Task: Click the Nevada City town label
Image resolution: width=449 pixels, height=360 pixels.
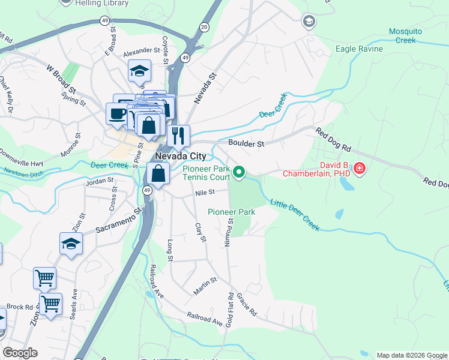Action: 180,156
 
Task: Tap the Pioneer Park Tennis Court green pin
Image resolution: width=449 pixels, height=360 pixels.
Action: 239,173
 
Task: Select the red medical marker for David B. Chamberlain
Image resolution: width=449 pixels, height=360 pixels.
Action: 360,169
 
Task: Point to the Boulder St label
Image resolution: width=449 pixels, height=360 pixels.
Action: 246,144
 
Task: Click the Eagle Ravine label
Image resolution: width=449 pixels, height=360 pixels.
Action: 358,49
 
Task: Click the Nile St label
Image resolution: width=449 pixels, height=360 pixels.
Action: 205,193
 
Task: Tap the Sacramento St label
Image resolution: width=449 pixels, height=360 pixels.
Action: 118,222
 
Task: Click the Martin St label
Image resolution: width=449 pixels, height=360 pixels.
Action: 205,286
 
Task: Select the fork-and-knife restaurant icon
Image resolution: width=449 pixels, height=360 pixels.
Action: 178,136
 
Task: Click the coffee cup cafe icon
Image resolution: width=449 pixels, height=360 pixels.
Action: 117,112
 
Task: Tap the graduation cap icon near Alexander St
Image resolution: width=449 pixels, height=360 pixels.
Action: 139,71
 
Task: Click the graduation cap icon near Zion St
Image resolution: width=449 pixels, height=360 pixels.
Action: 71,244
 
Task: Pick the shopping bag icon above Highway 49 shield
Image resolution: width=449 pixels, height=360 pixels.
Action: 158,174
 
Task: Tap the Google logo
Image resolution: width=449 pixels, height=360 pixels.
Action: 20,353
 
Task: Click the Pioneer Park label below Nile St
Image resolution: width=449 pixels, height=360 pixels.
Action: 232,212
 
